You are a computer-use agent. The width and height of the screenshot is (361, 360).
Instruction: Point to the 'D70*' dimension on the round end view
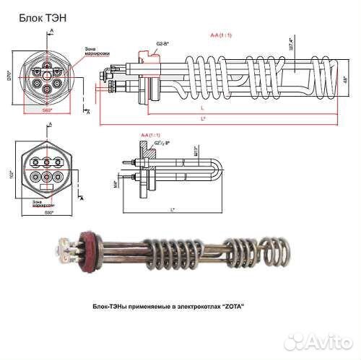10,74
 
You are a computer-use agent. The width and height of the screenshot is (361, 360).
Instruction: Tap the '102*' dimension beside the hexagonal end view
9,173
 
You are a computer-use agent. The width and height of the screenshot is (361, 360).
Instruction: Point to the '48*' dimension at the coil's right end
345,78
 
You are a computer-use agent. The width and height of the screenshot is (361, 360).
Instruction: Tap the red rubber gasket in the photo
92,249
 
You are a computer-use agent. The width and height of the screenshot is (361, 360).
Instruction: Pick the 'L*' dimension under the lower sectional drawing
172,209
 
